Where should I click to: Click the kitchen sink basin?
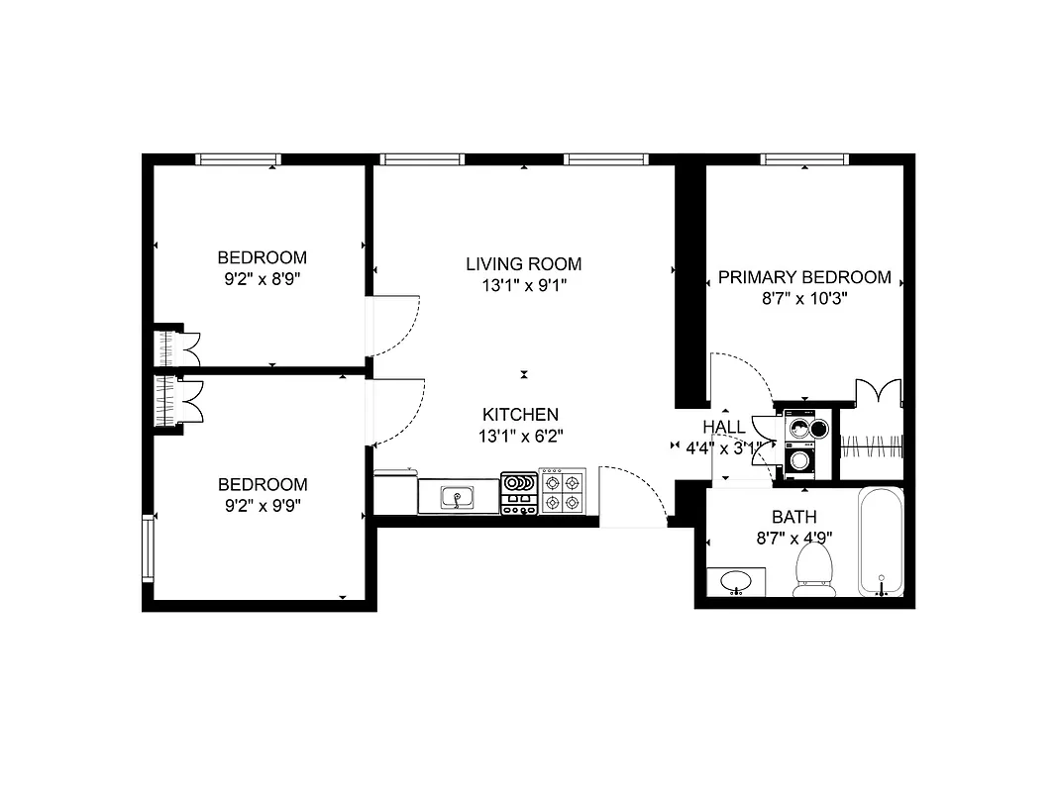456,497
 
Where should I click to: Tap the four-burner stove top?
562,492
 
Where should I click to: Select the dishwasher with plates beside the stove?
518,492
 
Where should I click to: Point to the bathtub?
880,542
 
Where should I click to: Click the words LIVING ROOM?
523,264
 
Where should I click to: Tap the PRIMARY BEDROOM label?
804,277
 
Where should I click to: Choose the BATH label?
793,517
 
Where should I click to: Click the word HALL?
723,427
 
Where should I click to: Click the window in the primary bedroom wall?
804,159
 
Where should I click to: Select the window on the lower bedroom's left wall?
148,547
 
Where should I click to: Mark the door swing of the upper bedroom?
396,327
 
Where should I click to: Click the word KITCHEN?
520,415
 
